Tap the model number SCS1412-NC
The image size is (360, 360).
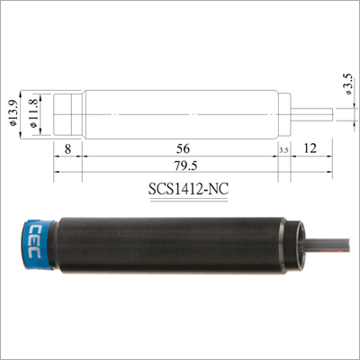pos(185,192)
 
